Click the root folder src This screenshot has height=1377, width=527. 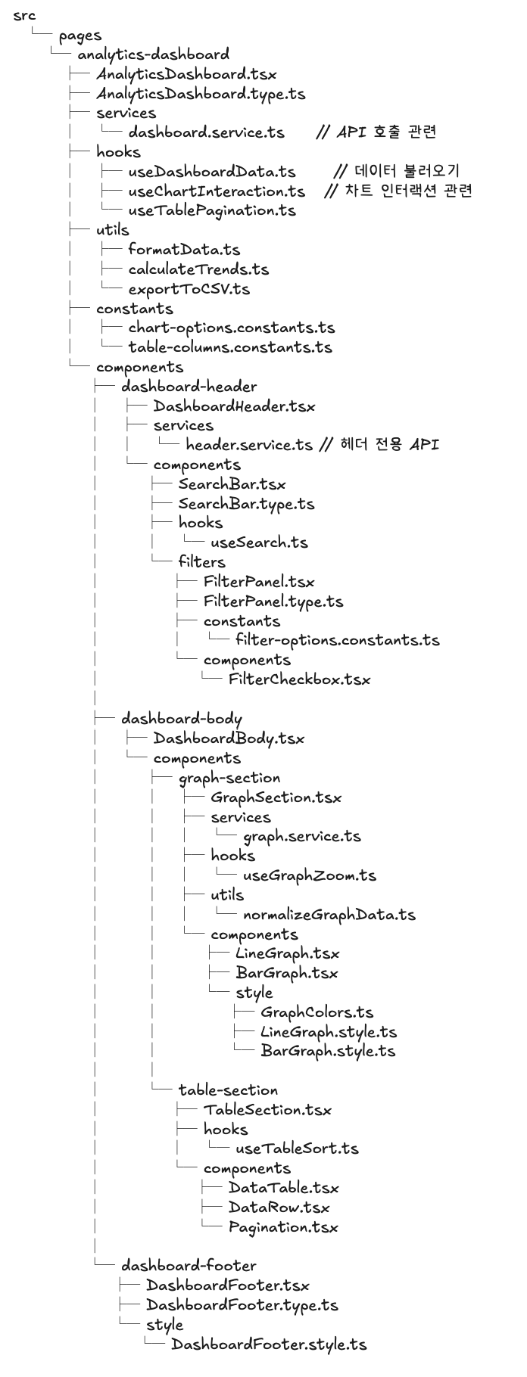coord(24,15)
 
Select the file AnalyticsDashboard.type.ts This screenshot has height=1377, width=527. coord(201,94)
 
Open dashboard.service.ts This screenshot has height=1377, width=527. coord(206,132)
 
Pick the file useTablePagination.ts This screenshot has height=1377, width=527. coord(211,210)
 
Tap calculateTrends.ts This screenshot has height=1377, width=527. coord(198,269)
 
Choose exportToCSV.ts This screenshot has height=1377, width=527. coord(189,289)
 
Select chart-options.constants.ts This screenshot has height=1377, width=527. coord(231,328)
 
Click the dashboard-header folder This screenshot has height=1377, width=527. coord(189,387)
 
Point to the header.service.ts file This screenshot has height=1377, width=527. coord(248,445)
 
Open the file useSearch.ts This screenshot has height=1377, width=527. coord(259,542)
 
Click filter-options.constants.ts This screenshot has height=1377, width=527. coord(337,640)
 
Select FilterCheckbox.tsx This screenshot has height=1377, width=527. coord(299,679)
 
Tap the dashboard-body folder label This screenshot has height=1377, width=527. coord(181,719)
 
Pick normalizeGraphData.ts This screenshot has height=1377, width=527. coord(329,915)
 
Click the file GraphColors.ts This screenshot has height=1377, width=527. coord(317,1012)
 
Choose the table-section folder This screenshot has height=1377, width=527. coord(228,1090)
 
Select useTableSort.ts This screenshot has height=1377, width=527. coord(297,1149)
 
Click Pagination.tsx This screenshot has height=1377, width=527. coord(283,1227)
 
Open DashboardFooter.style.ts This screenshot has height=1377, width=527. coord(269,1344)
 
